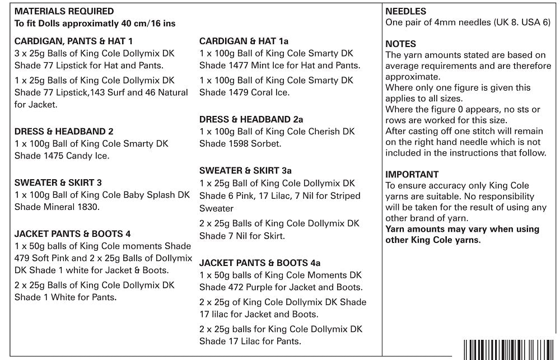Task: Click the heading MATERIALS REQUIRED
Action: click(x=64, y=11)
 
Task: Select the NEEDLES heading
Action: click(x=406, y=11)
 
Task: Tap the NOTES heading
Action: click(x=401, y=44)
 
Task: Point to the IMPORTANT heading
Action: click(x=412, y=174)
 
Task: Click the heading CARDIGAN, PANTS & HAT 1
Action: click(x=74, y=41)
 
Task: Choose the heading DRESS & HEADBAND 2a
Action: click(x=251, y=119)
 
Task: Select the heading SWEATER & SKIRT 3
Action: click(x=58, y=183)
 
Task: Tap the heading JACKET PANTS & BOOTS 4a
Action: click(x=260, y=263)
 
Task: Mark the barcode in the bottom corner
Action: click(x=509, y=349)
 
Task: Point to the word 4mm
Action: click(x=441, y=23)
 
